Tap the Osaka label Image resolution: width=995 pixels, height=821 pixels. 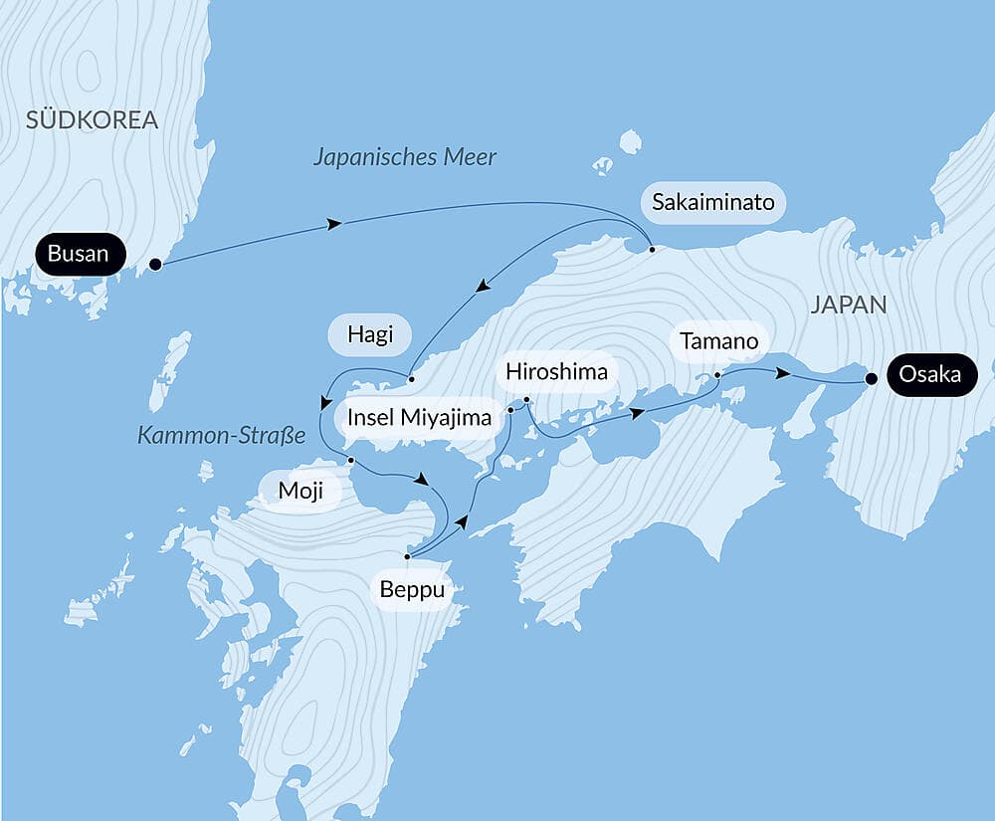pyautogui.click(x=929, y=375)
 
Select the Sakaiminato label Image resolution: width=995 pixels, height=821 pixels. pyautogui.click(x=712, y=203)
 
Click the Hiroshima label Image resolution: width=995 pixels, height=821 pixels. pyautogui.click(x=556, y=372)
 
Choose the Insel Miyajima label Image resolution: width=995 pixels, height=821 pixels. pyautogui.click(x=419, y=417)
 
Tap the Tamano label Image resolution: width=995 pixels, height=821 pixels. pyautogui.click(x=719, y=342)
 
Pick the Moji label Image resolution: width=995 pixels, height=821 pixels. pyautogui.click(x=300, y=492)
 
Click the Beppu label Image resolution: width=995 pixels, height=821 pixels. pyautogui.click(x=411, y=590)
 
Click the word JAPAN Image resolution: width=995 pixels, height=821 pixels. pyautogui.click(x=848, y=306)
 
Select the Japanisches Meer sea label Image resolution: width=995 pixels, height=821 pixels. pyautogui.click(x=404, y=157)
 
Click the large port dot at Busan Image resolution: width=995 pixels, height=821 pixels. pyautogui.click(x=155, y=265)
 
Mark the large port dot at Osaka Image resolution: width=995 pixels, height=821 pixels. pyautogui.click(x=872, y=378)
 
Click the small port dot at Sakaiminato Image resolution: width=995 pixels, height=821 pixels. pyautogui.click(x=652, y=249)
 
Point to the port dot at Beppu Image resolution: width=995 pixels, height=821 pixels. pyautogui.click(x=408, y=556)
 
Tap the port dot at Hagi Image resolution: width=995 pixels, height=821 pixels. pyautogui.click(x=410, y=378)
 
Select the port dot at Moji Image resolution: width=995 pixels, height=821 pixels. pyautogui.click(x=351, y=460)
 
